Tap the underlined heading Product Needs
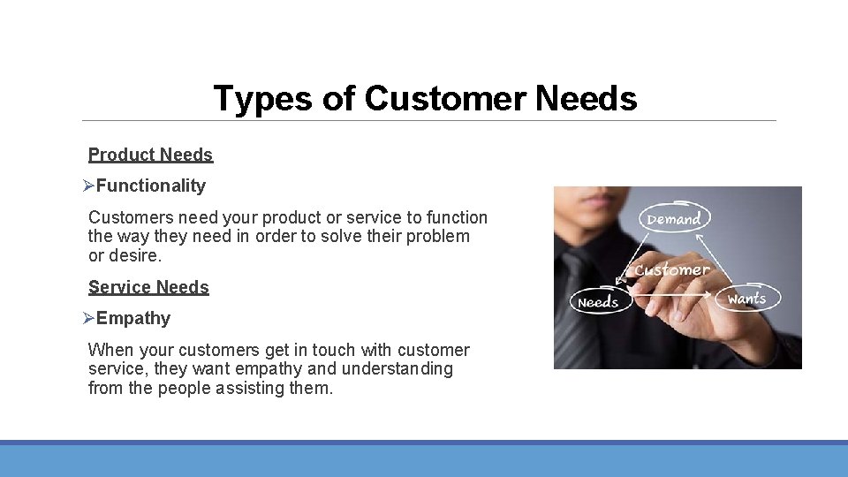pos(150,155)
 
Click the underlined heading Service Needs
pos(148,287)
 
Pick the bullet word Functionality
pos(151,185)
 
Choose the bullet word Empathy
pos(133,318)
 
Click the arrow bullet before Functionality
pos(88,185)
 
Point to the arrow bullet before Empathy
pos(88,318)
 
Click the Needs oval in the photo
pos(598,302)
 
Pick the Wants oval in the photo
pos(746,299)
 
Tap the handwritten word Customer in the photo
pos(672,269)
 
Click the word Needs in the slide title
pos(586,98)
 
